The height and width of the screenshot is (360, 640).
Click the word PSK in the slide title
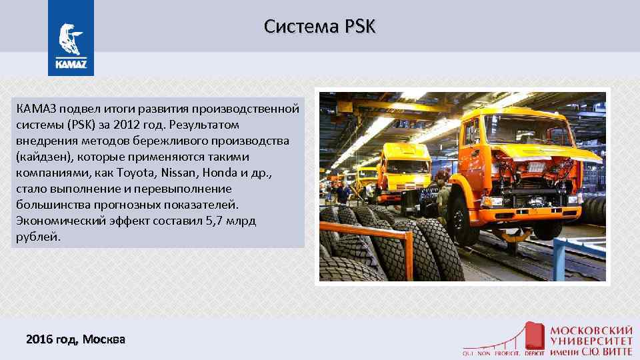tap(361, 27)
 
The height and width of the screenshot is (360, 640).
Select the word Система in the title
tap(300, 27)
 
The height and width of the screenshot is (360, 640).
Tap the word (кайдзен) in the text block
tap(44, 157)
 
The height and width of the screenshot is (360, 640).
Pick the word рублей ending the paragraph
tap(38, 237)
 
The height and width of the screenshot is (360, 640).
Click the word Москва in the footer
tap(103, 339)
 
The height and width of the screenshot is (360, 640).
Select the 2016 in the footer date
tap(39, 339)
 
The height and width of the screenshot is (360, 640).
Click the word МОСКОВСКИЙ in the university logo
tap(591, 330)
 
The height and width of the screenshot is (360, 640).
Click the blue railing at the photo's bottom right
tap(573, 257)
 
